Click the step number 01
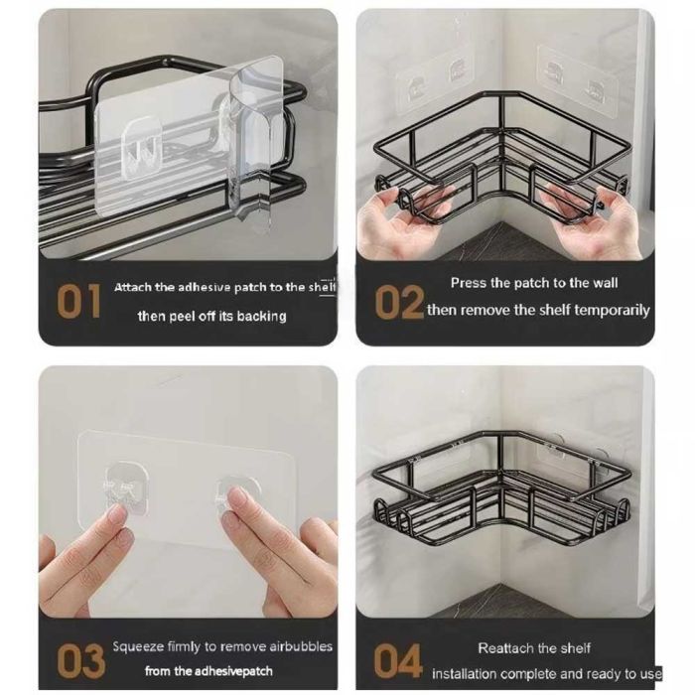[78, 301]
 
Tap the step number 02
[399, 302]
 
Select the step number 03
[80, 662]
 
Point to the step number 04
[397, 661]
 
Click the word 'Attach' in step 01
[132, 287]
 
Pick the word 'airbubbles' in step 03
[301, 646]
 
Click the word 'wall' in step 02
[606, 283]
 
